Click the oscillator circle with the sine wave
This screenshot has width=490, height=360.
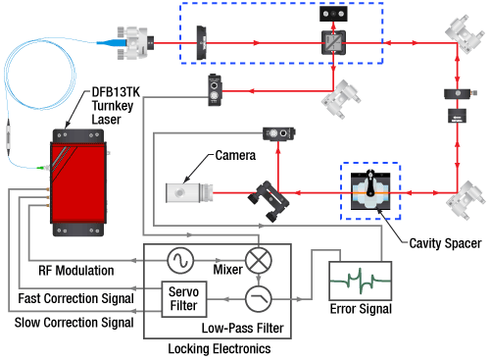pos(181,259)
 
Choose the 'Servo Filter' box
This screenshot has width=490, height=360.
pos(182,298)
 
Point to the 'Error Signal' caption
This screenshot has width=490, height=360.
pos(361,309)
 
